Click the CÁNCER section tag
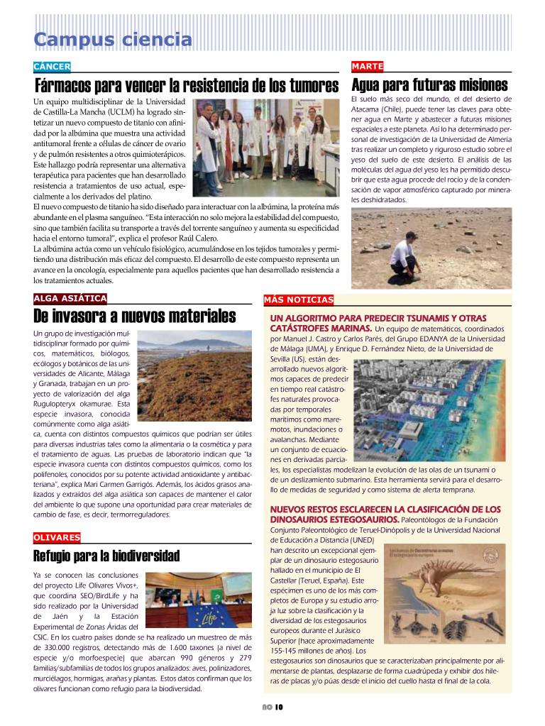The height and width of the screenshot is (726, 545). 52,67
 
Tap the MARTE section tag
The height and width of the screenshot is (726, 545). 367,67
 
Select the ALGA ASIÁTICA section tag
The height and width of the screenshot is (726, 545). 70,298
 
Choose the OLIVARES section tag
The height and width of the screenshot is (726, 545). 57,538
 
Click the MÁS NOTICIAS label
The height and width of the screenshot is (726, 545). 298,300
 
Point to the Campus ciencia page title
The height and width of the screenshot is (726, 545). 113,40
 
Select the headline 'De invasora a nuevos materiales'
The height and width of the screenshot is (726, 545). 134,317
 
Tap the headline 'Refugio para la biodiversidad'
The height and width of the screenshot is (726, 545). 106,556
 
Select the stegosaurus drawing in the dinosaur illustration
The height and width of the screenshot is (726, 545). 461,582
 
